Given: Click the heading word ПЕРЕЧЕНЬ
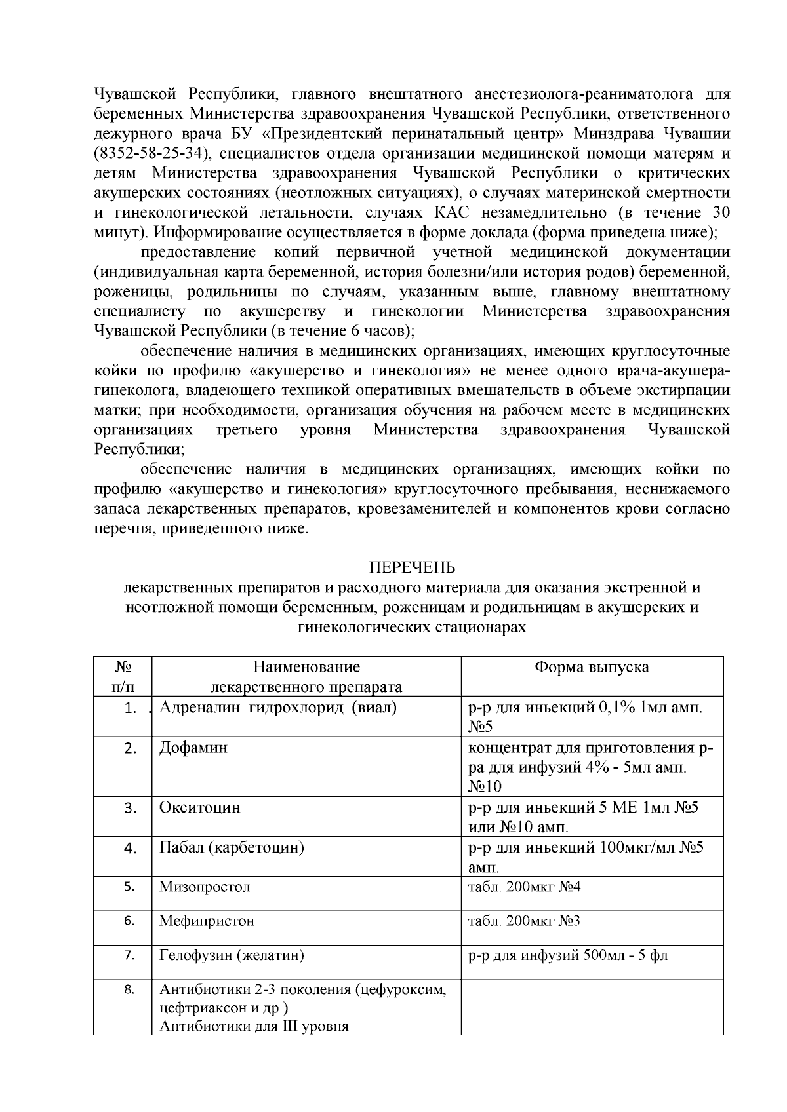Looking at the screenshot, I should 412,567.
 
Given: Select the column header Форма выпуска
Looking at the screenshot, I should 592,667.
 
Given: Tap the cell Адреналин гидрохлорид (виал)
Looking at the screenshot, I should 278,708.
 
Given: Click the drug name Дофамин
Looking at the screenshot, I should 193,748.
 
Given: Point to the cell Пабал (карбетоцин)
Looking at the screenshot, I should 232,847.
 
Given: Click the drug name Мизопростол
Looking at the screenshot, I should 205,887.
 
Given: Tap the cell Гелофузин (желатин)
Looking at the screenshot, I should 232,955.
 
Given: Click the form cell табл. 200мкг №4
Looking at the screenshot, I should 524,887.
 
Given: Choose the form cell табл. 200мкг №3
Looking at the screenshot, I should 524,921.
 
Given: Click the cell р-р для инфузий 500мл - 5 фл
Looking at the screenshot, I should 568,955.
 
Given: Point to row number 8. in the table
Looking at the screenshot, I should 129,989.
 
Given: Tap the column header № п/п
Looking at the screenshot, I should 123,677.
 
